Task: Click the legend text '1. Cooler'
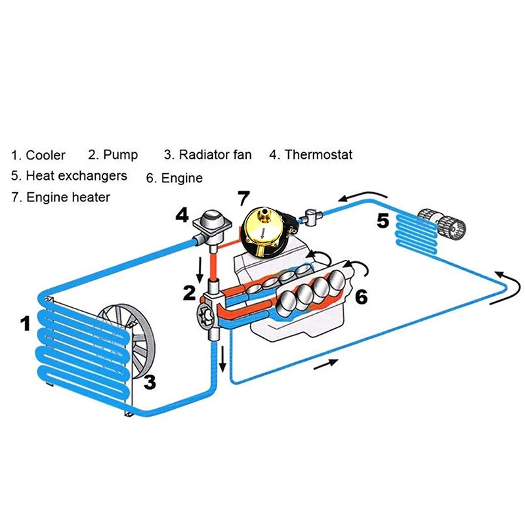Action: pos(38,156)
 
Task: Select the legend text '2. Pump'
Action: pos(113,155)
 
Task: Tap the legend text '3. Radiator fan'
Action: pos(207,155)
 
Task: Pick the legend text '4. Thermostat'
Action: pos(310,155)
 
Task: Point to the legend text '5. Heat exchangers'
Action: pos(69,176)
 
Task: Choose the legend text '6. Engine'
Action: pos(174,178)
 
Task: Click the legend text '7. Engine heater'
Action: pos(60,197)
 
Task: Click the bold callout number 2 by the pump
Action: pos(189,293)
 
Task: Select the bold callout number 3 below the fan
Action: pos(150,381)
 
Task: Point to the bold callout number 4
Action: pos(182,215)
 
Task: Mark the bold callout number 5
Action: pos(383,221)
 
